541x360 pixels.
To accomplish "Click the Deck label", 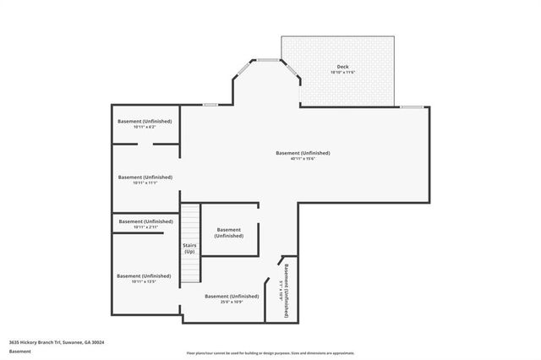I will pyautogui.click(x=342, y=67).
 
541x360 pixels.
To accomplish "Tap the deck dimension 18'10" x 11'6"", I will pyautogui.click(x=342, y=73).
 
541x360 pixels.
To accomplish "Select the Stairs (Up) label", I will pyautogui.click(x=189, y=248).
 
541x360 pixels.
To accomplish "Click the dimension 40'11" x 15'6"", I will pyautogui.click(x=303, y=159).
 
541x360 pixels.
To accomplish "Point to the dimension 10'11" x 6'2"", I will pyautogui.click(x=145, y=127).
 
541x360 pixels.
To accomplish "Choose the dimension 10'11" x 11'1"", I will pyautogui.click(x=145, y=183).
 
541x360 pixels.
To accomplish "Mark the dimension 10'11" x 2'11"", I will pyautogui.click(x=145, y=227).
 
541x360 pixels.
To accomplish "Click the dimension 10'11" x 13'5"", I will pyautogui.click(x=145, y=281).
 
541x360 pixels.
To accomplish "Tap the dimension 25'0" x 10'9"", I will pyautogui.click(x=232, y=302).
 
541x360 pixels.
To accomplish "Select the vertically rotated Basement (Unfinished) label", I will pyautogui.click(x=287, y=290).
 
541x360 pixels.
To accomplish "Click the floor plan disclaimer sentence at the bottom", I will pyautogui.click(x=270, y=352).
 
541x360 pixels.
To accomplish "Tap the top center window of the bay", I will pyautogui.click(x=268, y=60).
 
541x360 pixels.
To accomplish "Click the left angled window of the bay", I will pyautogui.click(x=242, y=67).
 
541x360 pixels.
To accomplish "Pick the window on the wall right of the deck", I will pyautogui.click(x=413, y=106).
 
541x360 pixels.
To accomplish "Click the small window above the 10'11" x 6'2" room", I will pyautogui.click(x=210, y=105).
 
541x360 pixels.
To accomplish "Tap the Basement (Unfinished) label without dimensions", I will pyautogui.click(x=229, y=232).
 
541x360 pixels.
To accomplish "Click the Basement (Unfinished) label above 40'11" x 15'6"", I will pyautogui.click(x=303, y=153).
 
